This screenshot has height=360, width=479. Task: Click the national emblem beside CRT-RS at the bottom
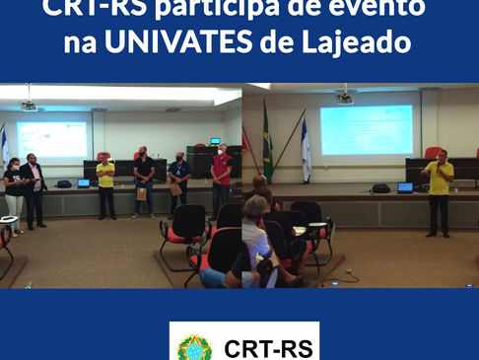pos(194,347)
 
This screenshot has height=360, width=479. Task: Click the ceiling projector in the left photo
pos(29,105)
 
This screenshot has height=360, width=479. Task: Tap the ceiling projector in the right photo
pos(344,98)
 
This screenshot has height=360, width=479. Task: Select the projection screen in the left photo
pos(51,139)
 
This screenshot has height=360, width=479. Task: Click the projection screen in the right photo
pos(367,129)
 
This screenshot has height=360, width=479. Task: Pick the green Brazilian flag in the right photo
pos(267,143)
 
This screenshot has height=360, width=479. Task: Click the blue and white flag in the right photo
pos(306,148)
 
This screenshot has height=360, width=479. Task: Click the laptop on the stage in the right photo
pos(405,186)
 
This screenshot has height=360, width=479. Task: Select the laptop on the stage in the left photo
pos(84,182)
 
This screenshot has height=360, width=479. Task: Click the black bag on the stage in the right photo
pos(380,187)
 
